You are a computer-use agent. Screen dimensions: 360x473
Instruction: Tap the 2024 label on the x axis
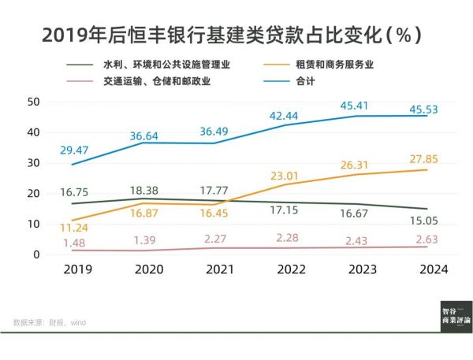pyautogui.click(x=433, y=269)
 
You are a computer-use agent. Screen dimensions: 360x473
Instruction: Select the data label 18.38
pyautogui.click(x=147, y=191)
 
